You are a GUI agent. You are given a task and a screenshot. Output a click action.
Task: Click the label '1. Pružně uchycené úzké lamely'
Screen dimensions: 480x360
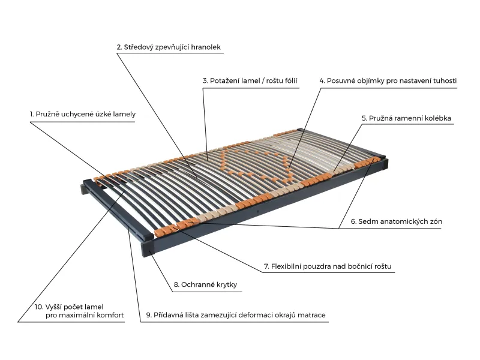tap(83, 114)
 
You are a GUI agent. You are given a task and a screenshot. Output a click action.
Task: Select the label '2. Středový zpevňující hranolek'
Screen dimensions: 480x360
tap(169, 47)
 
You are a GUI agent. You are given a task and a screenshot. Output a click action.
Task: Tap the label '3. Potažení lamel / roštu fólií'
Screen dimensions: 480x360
tap(250, 81)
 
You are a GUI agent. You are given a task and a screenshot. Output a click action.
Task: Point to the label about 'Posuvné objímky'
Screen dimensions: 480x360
tap(388, 81)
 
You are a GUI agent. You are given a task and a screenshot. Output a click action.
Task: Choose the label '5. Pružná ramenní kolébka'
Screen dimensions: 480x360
tap(406, 118)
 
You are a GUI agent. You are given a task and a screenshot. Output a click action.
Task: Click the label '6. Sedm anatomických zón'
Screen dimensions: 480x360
tap(397, 221)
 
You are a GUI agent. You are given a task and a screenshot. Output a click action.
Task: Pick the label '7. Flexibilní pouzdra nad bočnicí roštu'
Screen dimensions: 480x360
tap(328, 266)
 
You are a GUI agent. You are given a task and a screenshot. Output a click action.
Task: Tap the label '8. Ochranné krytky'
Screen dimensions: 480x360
tap(205, 284)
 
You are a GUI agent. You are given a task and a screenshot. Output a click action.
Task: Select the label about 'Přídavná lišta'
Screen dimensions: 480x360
tap(236, 315)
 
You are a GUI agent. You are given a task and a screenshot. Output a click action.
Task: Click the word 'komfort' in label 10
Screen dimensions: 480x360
tap(110, 315)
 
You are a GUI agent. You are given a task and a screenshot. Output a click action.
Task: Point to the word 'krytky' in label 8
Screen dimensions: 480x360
tap(227, 284)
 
